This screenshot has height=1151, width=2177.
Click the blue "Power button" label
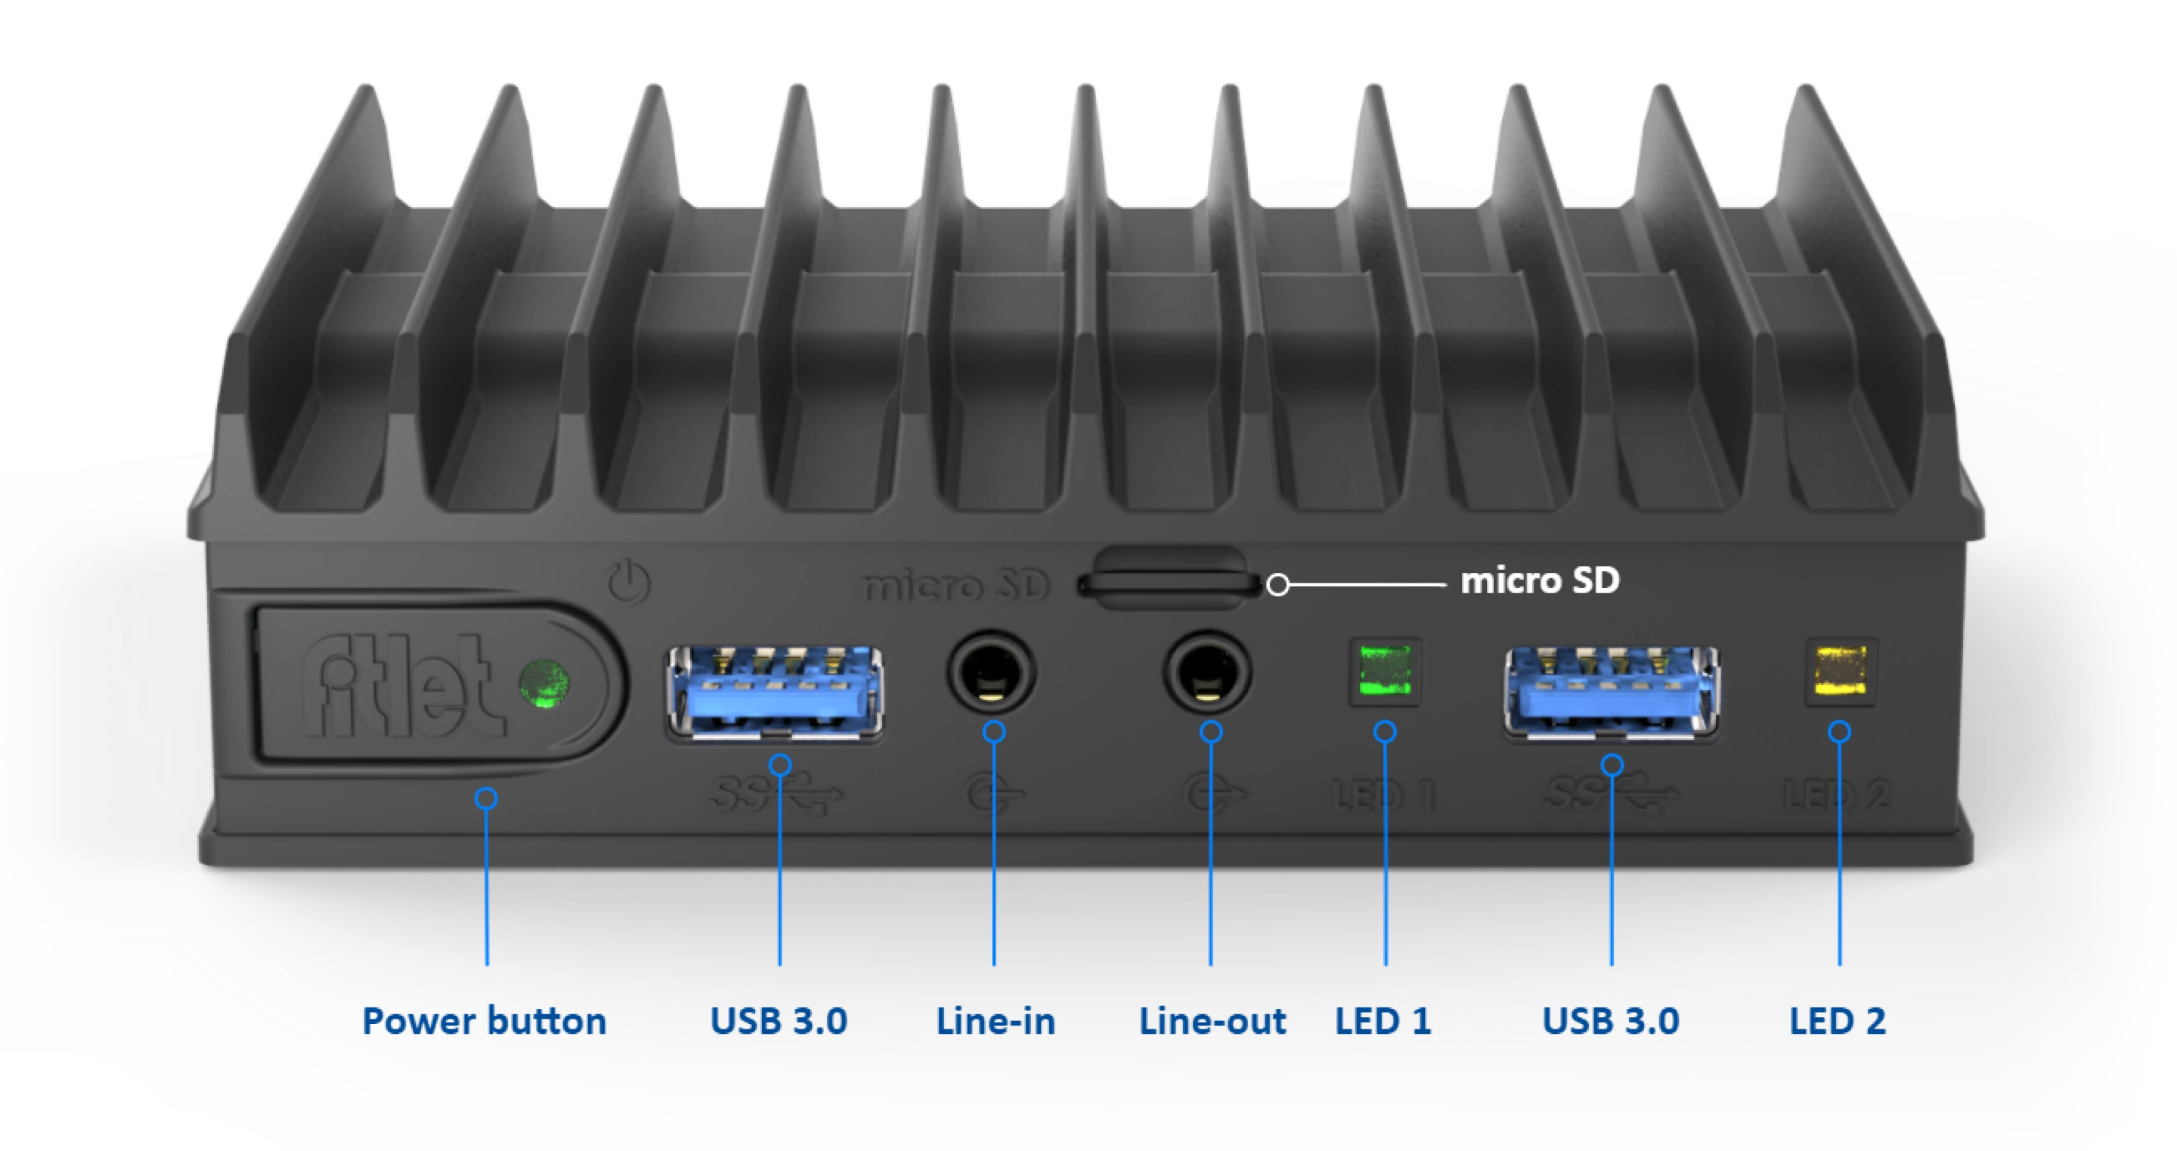click(485, 1021)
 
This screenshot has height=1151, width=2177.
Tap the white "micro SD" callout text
click(1540, 581)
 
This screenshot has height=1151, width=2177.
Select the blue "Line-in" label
click(996, 1021)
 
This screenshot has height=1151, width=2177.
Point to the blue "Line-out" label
click(1212, 1021)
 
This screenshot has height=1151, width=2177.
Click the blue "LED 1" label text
click(1383, 1021)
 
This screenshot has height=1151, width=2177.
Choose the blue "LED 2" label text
click(1838, 1021)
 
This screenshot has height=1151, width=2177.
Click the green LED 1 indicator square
click(1384, 671)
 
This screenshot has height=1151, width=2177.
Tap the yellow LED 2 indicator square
click(1841, 671)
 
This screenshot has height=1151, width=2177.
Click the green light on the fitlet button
click(543, 683)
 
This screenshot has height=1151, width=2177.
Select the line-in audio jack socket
click(991, 674)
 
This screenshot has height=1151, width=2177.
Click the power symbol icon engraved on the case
click(629, 582)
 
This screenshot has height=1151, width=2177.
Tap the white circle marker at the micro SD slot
click(1277, 585)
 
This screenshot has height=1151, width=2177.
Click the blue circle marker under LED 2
click(1840, 731)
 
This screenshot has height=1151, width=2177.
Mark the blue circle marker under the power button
click(486, 798)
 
